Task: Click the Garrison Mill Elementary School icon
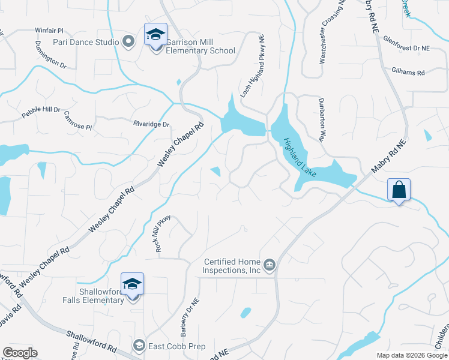click(155, 35)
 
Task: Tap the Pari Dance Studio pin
click(127, 42)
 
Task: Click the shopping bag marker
click(399, 190)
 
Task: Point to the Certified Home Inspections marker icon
click(270, 265)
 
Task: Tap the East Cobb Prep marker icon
click(139, 346)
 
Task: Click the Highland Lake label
click(301, 158)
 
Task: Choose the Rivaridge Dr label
click(152, 124)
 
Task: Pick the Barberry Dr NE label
click(185, 317)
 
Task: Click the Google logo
click(20, 353)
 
